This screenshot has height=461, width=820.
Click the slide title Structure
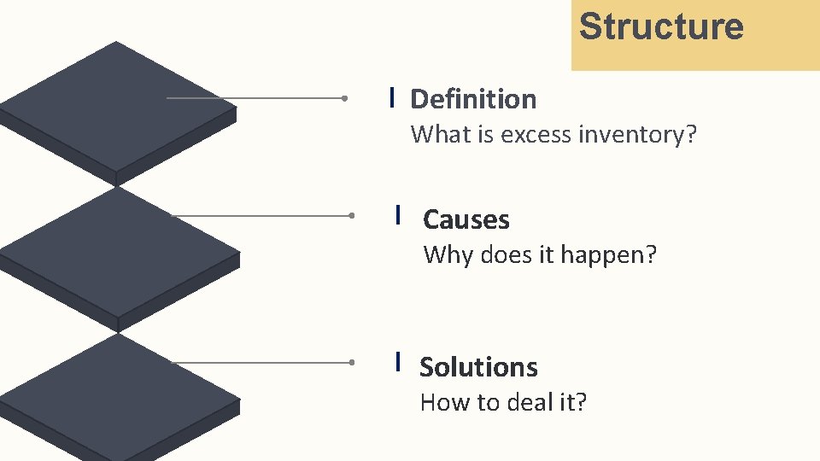click(x=661, y=26)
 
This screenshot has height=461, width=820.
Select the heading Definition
click(x=473, y=99)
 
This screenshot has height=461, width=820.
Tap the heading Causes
click(x=466, y=220)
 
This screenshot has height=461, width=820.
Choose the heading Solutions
click(x=478, y=367)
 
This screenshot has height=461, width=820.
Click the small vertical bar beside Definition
click(x=391, y=96)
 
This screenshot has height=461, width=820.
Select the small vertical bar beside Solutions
click(x=399, y=362)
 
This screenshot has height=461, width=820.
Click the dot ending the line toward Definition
click(x=343, y=98)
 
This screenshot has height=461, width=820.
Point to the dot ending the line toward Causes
click(x=351, y=216)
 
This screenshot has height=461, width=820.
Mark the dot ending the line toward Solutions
click(x=351, y=363)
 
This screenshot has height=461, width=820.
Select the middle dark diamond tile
click(x=120, y=252)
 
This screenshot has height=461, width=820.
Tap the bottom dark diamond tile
click(x=120, y=397)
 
